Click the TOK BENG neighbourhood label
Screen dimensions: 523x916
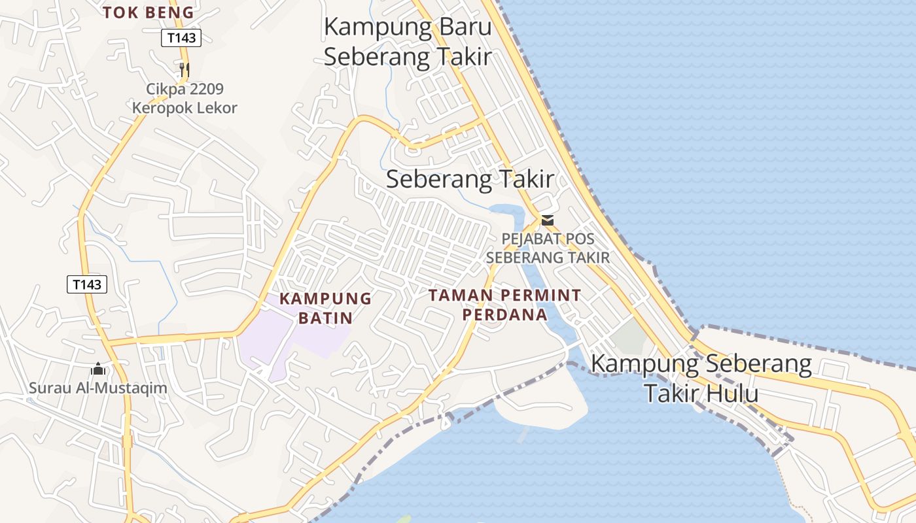149,12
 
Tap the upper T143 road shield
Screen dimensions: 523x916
181,38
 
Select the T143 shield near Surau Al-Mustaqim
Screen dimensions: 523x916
87,284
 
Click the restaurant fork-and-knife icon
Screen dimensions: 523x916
185,69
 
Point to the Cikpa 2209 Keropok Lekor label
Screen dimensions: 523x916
185,98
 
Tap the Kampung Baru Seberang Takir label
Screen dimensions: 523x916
408,42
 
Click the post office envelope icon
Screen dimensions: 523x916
547,220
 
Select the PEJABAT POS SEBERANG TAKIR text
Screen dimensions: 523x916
548,248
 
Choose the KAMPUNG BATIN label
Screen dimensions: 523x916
325,308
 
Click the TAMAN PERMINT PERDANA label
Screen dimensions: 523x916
504,305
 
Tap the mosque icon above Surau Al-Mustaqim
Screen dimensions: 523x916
98,369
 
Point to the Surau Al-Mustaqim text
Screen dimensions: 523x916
97,388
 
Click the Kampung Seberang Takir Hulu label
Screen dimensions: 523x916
701,379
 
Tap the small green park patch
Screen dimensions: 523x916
629,337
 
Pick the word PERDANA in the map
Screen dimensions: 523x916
504,314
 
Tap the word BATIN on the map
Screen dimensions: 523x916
325,318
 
